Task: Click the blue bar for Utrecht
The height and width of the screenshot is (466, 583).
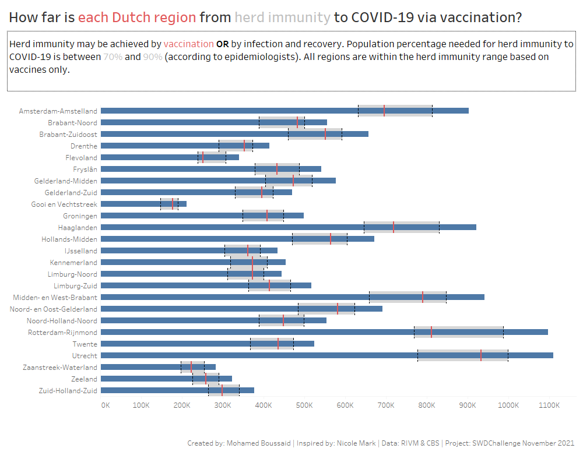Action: pyautogui.click(x=327, y=356)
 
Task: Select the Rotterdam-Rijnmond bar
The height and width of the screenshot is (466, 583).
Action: pyautogui.click(x=324, y=332)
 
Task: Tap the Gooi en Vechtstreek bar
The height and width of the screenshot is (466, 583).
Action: pyautogui.click(x=143, y=204)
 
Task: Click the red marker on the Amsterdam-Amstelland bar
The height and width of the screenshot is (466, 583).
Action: pyautogui.click(x=384, y=111)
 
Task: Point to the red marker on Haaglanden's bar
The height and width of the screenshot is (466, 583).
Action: pyautogui.click(x=394, y=227)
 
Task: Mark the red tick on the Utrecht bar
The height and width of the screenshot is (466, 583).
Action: pyautogui.click(x=481, y=356)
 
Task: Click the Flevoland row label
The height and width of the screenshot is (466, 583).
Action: pyautogui.click(x=81, y=157)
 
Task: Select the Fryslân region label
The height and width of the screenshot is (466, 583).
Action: pyautogui.click(x=85, y=170)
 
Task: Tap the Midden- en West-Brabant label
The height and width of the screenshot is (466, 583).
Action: pyautogui.click(x=55, y=297)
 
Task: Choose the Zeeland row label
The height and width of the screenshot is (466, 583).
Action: pyautogui.click(x=84, y=379)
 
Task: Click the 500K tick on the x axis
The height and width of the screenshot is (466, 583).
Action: pyautogui.click(x=304, y=405)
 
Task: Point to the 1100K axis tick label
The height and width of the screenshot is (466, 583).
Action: pyautogui.click(x=549, y=405)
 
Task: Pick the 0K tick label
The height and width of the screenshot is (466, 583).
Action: pyautogui.click(x=106, y=405)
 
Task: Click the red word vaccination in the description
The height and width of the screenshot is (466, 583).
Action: pyautogui.click(x=188, y=44)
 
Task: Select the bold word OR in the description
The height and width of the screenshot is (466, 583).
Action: pyautogui.click(x=222, y=44)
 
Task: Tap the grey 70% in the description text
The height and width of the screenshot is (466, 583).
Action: pyautogui.click(x=113, y=57)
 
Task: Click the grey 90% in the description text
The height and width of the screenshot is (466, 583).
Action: pyautogui.click(x=152, y=57)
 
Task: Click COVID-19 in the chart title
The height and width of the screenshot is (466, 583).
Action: pyautogui.click(x=382, y=17)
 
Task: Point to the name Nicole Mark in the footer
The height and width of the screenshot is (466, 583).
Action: pyautogui.click(x=356, y=443)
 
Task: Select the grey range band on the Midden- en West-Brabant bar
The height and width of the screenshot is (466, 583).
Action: pyautogui.click(x=408, y=297)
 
